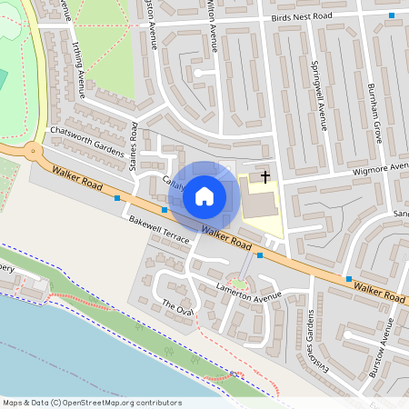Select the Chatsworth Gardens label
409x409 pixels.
point(85,140)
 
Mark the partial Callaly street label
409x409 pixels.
point(173,181)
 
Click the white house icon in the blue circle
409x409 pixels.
point(204,195)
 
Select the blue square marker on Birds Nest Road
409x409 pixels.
point(392,15)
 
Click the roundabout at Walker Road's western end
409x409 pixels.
point(34,152)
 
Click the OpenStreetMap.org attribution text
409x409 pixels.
point(91,403)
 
